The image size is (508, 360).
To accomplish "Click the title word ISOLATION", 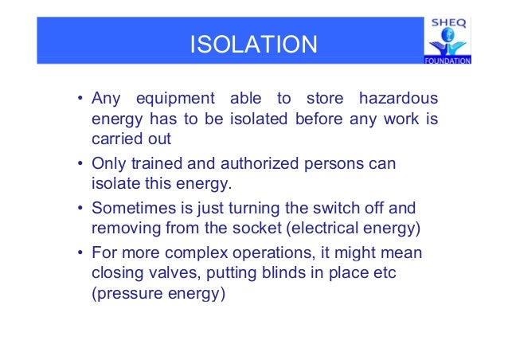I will pyautogui.click(x=253, y=44).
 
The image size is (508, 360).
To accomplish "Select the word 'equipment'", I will pyautogui.click(x=175, y=100).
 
